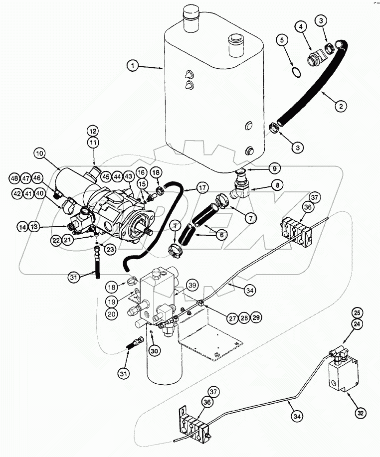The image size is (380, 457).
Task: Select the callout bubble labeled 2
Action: point(341,105)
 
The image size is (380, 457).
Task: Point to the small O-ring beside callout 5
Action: point(296,72)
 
